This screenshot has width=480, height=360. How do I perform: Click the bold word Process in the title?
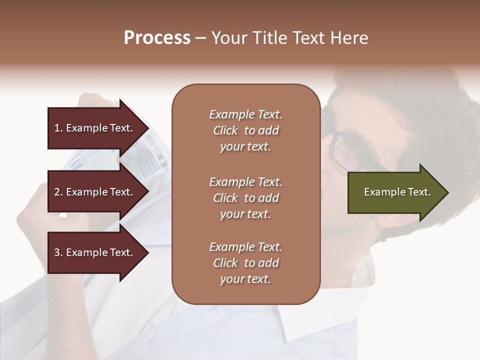tap(157, 38)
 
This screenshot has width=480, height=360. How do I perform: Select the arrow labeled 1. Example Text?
tap(95, 128)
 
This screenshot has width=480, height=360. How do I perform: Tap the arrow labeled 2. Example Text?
tap(95, 192)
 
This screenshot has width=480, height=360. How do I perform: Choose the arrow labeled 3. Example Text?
tap(95, 252)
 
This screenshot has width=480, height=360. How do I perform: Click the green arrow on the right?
tap(395, 192)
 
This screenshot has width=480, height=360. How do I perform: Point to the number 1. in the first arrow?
tap(58, 128)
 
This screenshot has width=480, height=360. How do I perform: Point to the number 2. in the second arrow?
tap(58, 192)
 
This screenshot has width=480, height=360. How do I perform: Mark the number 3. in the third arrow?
tap(58, 252)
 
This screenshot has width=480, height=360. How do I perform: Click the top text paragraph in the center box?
tap(245, 130)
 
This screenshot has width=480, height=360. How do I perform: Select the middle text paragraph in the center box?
tap(245, 198)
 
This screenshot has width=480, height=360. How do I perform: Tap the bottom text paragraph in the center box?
tap(245, 263)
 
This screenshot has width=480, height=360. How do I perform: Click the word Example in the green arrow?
tap(381, 192)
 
